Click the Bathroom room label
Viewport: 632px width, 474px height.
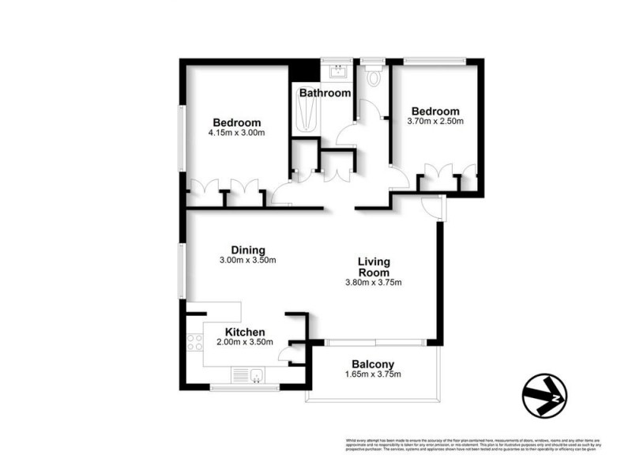click(325, 93)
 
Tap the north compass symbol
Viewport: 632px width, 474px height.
click(544, 393)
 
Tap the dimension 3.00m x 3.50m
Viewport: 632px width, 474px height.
click(247, 261)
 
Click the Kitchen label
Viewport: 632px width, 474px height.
click(244, 332)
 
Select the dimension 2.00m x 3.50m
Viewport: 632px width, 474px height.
click(244, 343)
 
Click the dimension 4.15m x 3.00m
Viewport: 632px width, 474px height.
click(236, 134)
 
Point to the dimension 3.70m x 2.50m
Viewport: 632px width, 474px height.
click(434, 122)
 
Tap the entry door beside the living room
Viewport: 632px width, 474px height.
click(433, 207)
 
